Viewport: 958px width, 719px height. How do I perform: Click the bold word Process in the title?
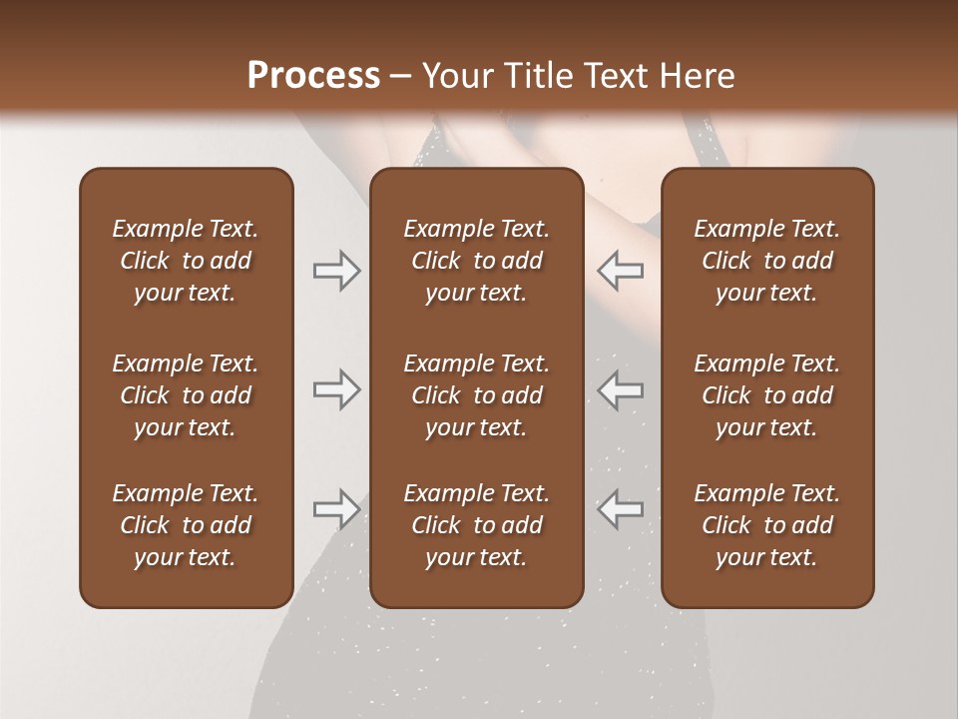point(313,76)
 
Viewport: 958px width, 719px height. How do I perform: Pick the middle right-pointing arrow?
point(337,389)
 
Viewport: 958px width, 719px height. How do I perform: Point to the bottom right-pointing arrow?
point(337,509)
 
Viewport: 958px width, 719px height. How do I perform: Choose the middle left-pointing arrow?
point(620,389)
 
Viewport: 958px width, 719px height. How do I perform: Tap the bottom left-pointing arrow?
point(620,509)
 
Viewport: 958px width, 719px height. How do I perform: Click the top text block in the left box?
point(186,261)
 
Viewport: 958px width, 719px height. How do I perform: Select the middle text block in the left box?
point(186,395)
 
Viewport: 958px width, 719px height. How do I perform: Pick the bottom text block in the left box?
point(186,525)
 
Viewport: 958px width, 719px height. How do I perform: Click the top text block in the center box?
point(476,261)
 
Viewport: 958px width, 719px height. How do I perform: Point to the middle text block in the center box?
point(476,395)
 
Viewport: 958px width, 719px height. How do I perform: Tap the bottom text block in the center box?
point(476,525)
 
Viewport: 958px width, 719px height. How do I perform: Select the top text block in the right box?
point(766,261)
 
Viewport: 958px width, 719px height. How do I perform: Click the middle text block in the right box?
point(766,395)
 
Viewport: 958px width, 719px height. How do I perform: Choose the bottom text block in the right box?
point(766,525)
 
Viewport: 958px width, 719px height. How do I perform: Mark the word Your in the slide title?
point(454,76)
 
